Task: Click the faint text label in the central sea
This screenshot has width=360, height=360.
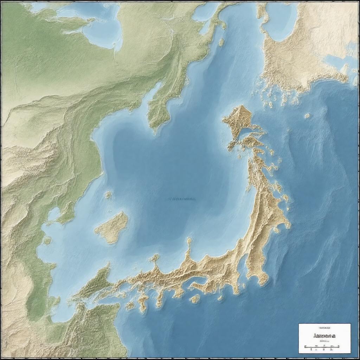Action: point(181,199)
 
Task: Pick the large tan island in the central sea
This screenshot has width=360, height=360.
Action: point(112,227)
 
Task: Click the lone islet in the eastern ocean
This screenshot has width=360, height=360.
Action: point(307,115)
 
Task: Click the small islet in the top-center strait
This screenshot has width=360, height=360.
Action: point(221,42)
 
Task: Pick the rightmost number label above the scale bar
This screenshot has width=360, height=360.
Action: point(332,350)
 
